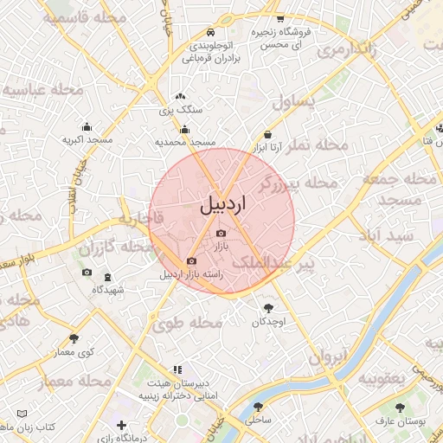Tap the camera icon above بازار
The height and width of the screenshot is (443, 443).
221,234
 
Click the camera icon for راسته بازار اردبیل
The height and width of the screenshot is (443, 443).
191,261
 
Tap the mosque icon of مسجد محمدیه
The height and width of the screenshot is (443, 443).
184,130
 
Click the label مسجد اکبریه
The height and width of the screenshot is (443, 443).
87,138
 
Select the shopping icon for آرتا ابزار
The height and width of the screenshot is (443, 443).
267,135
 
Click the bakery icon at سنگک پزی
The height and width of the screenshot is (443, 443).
180,98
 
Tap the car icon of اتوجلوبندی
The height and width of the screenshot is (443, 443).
212,34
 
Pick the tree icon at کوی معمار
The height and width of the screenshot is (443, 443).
74,338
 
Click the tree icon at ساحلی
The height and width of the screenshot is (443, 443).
257,406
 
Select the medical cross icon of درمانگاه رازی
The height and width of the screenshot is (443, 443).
121,426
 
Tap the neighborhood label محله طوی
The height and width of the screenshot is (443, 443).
187,323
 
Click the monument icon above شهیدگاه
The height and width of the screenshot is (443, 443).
106,278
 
